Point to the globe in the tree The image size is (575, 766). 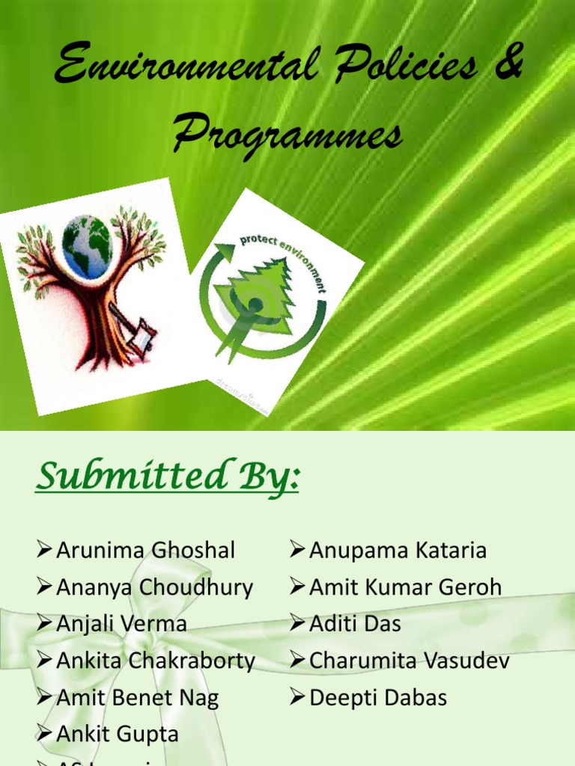point(87,246)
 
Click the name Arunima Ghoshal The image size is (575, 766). point(145,551)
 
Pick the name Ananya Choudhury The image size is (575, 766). point(154,587)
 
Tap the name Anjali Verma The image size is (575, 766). point(121,624)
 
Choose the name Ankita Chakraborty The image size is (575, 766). point(156,661)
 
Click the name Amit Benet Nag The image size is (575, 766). point(137,698)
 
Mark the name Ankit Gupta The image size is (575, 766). point(118,735)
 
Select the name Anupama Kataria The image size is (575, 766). point(398,551)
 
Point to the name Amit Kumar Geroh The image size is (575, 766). point(405,587)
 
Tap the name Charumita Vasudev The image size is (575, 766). point(409,661)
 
